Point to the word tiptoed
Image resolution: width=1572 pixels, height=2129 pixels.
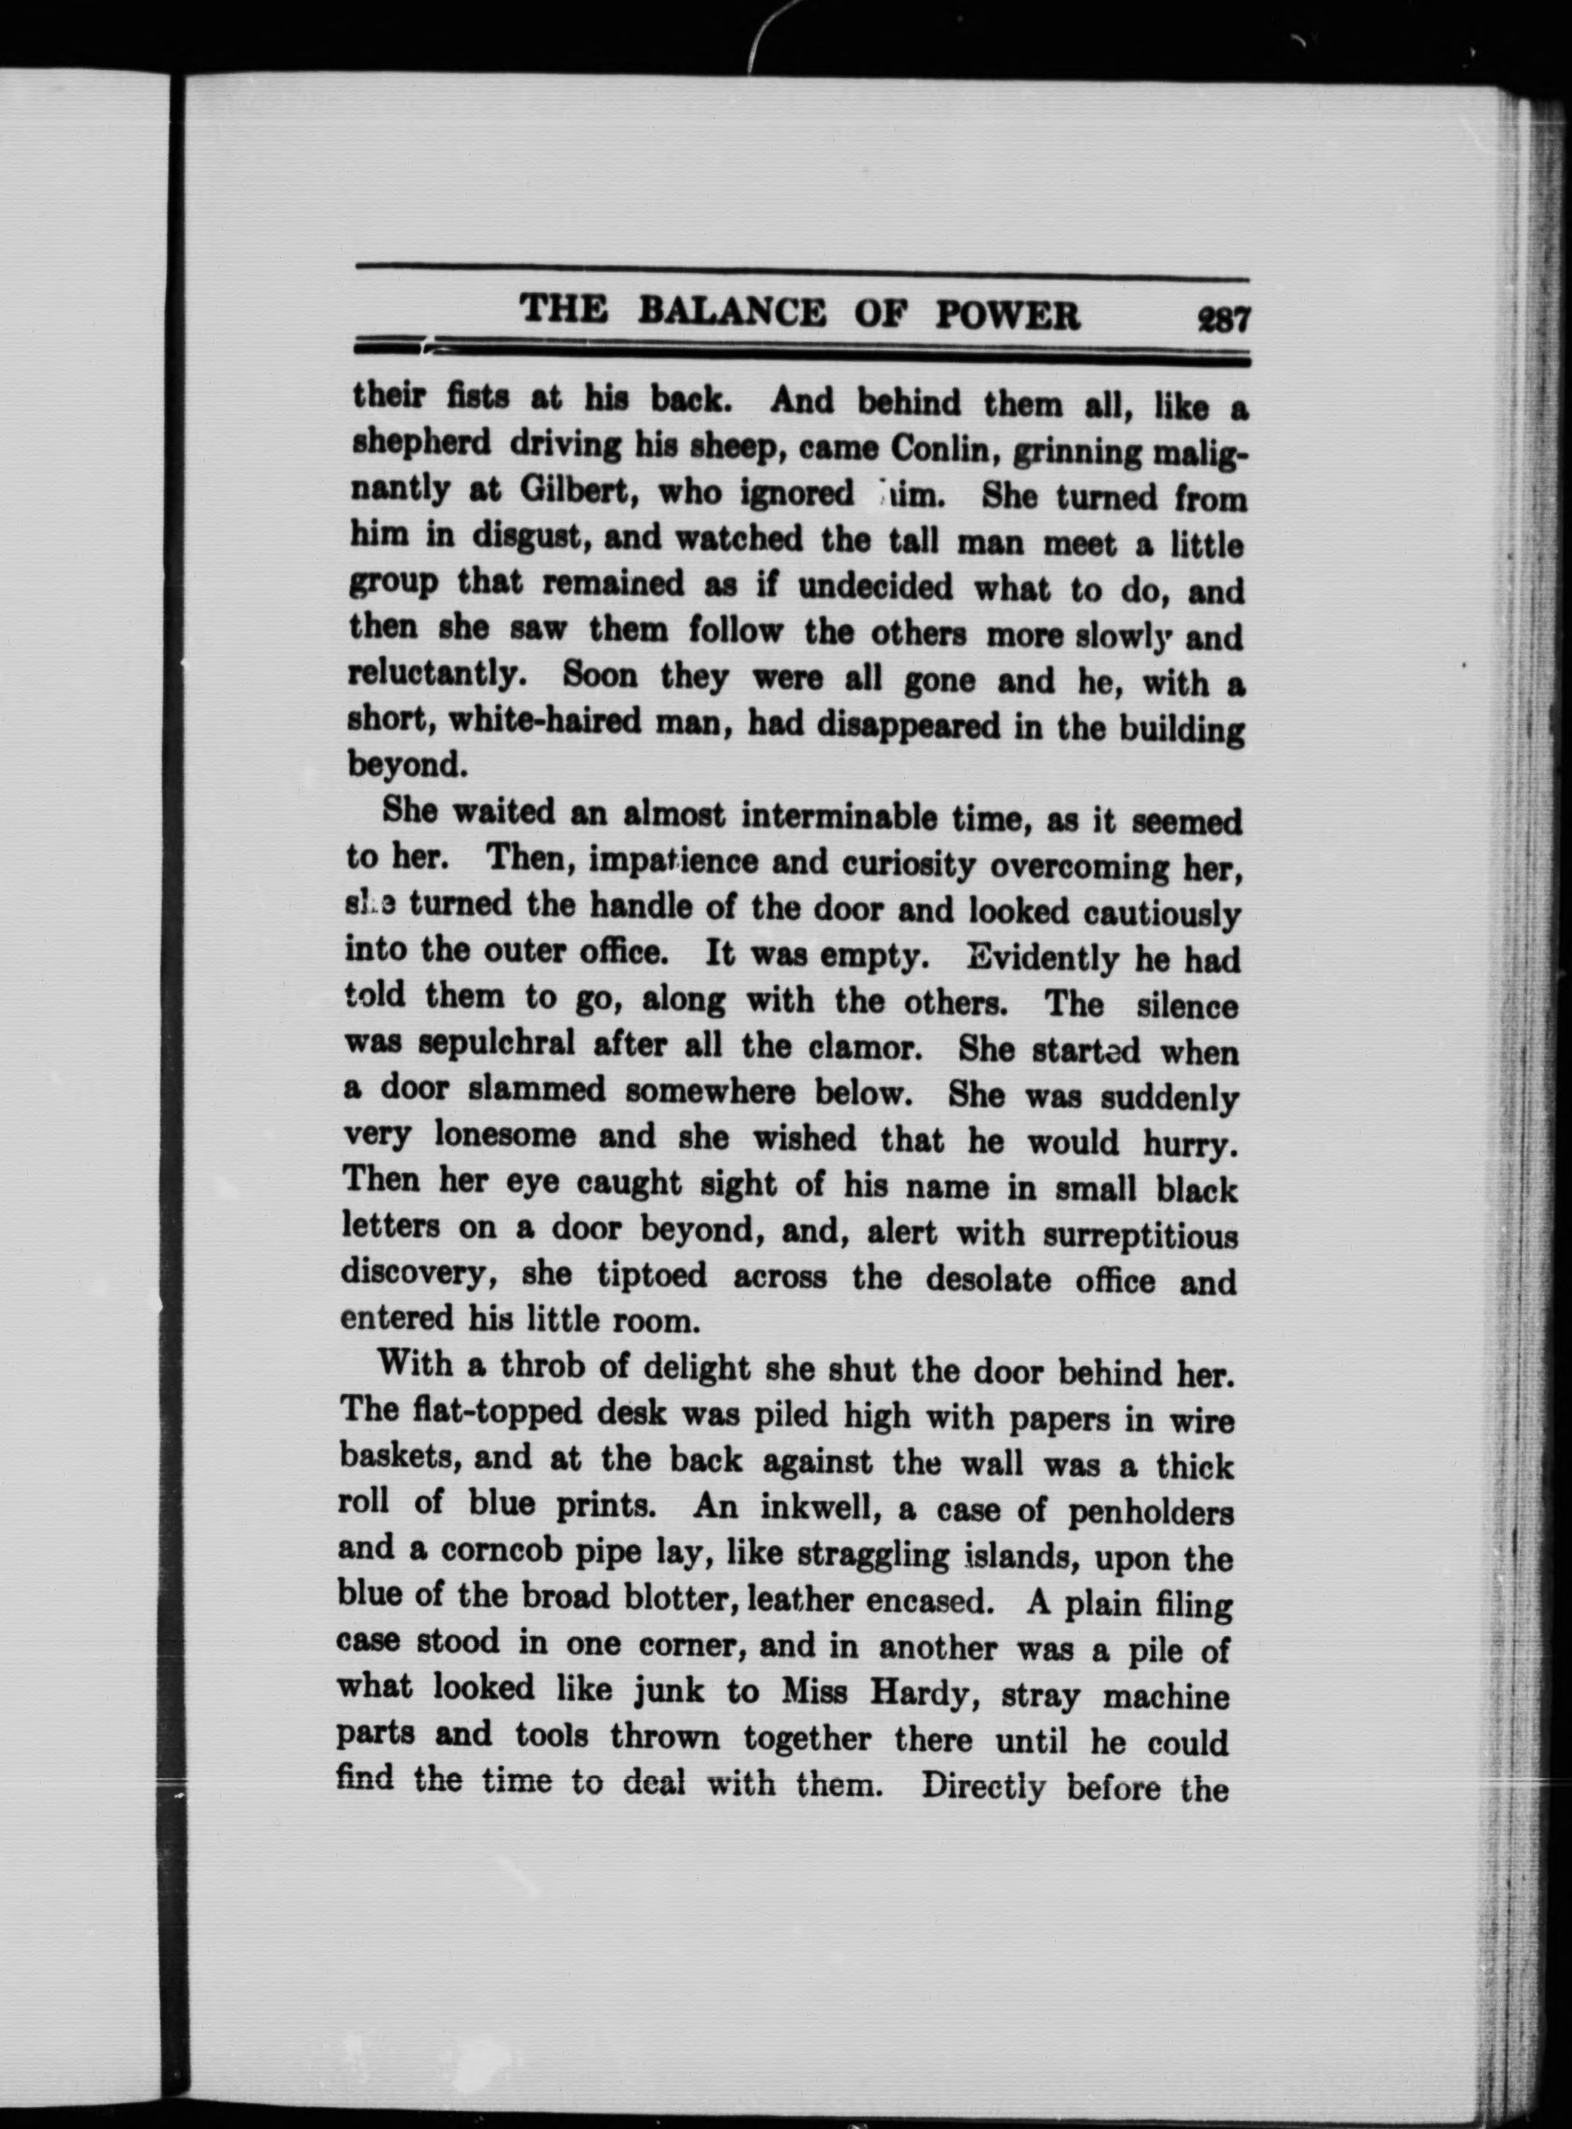(x=652, y=1275)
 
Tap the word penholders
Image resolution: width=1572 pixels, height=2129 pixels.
(x=1150, y=1512)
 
